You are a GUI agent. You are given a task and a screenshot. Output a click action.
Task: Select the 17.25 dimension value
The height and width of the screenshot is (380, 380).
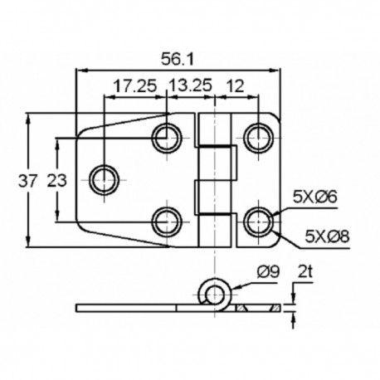coord(135,85)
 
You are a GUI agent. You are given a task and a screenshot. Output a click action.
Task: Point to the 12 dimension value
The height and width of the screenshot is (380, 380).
coord(236,85)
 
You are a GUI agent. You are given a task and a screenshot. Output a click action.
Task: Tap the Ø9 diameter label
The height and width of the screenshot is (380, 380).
coord(266,272)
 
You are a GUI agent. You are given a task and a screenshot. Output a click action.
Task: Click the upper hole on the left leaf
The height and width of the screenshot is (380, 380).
coord(168,136)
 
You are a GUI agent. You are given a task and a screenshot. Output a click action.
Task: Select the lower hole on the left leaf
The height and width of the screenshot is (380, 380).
coord(168,222)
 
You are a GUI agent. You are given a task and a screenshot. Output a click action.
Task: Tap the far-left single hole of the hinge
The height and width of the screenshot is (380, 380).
coord(105,178)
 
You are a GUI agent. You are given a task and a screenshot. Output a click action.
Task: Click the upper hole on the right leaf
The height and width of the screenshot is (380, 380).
coord(259,136)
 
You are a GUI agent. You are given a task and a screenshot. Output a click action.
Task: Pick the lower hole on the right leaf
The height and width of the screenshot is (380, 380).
coord(259,222)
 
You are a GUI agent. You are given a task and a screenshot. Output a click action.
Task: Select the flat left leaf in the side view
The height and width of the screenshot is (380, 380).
coord(133,308)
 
